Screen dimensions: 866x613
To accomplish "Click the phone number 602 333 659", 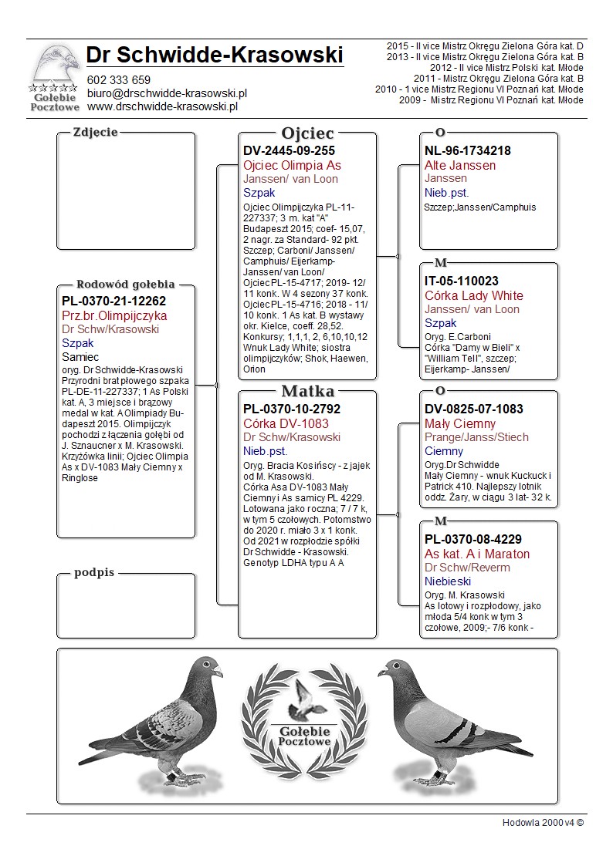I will point(118,80).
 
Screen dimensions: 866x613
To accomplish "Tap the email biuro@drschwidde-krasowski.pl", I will point(166,93).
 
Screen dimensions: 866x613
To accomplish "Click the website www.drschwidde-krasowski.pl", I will point(161,106).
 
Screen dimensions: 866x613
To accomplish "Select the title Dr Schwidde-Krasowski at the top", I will point(215,55).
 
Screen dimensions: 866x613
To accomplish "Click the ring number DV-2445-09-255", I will point(290,151).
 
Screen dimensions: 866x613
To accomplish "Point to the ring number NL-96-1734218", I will point(468,151).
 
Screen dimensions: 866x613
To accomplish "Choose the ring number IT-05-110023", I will point(462,281).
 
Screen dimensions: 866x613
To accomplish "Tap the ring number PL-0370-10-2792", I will point(292,409).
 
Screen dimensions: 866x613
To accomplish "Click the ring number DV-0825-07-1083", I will point(474,409).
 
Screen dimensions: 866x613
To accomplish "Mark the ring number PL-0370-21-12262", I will point(114,302).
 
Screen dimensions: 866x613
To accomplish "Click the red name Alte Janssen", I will point(460,166).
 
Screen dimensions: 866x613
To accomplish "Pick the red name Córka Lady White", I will point(474,296).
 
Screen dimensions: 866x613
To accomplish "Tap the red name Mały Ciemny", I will point(460,424).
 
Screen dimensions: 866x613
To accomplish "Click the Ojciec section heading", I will point(307,133).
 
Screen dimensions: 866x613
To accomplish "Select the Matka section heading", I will point(307,391).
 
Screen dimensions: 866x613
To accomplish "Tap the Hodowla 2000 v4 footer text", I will point(543,823).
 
